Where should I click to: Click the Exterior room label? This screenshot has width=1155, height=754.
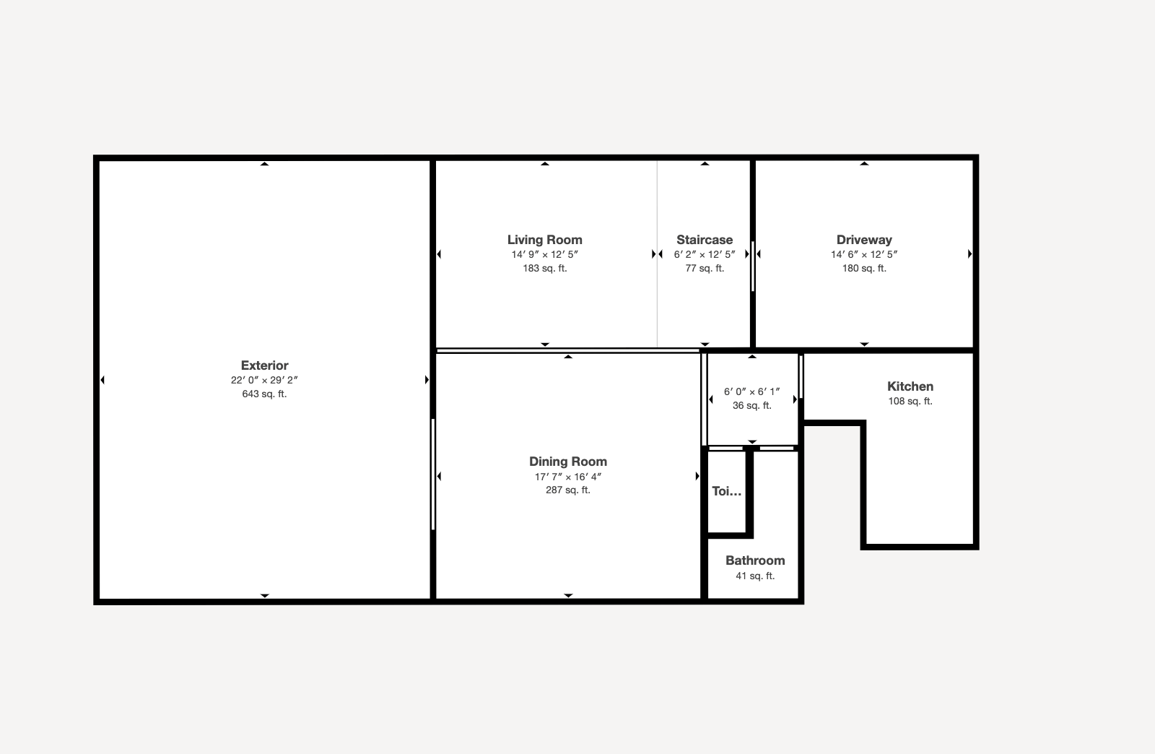264,365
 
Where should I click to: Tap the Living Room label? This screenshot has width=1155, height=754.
544,240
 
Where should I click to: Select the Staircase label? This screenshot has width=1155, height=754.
705,240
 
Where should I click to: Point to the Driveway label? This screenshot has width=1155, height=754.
864,240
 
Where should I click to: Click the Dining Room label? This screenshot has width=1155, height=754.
567,461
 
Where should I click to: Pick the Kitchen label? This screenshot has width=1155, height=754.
910,386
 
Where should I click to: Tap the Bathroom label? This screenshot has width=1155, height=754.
755,560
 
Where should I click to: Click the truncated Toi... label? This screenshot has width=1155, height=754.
726,491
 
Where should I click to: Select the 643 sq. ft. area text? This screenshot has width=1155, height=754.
264,394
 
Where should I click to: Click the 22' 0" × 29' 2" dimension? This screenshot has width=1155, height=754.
264,380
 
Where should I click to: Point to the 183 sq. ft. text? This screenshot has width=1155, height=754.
544,268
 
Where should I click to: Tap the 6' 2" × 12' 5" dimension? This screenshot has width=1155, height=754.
705,254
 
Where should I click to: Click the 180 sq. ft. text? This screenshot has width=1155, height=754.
864,268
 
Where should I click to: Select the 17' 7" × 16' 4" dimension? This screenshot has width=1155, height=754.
567,477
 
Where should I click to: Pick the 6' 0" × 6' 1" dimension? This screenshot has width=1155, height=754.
751,392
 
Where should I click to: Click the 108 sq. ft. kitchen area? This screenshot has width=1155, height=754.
910,402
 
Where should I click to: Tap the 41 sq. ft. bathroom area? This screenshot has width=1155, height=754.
755,576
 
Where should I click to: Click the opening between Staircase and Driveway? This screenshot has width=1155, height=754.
753,266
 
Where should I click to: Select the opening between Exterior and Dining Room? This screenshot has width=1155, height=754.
433,474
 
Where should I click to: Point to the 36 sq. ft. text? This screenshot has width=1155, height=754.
751,406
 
